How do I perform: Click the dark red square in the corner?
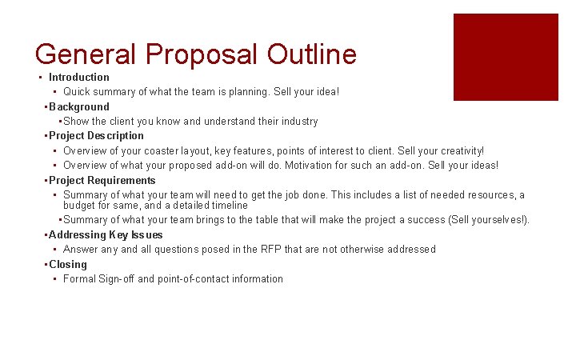(506, 57)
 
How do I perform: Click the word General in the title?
(86, 54)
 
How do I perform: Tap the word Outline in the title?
(311, 54)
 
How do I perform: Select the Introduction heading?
(79, 78)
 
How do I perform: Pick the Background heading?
(79, 107)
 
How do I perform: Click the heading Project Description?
(96, 136)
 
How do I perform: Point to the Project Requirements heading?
(102, 181)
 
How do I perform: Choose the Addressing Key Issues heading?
(106, 235)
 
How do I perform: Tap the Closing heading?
(68, 265)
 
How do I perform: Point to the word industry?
(299, 122)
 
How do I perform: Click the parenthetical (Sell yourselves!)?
(489, 220)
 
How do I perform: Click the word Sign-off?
(116, 279)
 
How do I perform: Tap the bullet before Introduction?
(39, 78)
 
